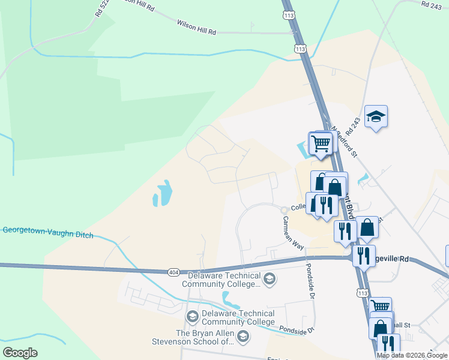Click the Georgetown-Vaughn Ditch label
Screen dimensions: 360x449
point(48,233)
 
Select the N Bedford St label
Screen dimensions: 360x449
point(345,142)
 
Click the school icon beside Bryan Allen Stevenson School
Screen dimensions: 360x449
point(243,337)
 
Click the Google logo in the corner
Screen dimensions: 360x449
point(20,353)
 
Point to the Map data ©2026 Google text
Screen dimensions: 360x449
point(412,355)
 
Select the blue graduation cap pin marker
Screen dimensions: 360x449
point(376,116)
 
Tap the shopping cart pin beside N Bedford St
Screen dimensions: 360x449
point(321,143)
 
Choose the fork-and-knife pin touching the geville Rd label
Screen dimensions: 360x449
point(364,256)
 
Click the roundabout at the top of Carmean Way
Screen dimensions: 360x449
point(285,209)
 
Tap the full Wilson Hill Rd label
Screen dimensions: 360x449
point(196,26)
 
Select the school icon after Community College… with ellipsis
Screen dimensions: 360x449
point(270,278)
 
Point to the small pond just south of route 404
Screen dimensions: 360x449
point(228,298)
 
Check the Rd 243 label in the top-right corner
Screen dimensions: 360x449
point(432,5)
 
